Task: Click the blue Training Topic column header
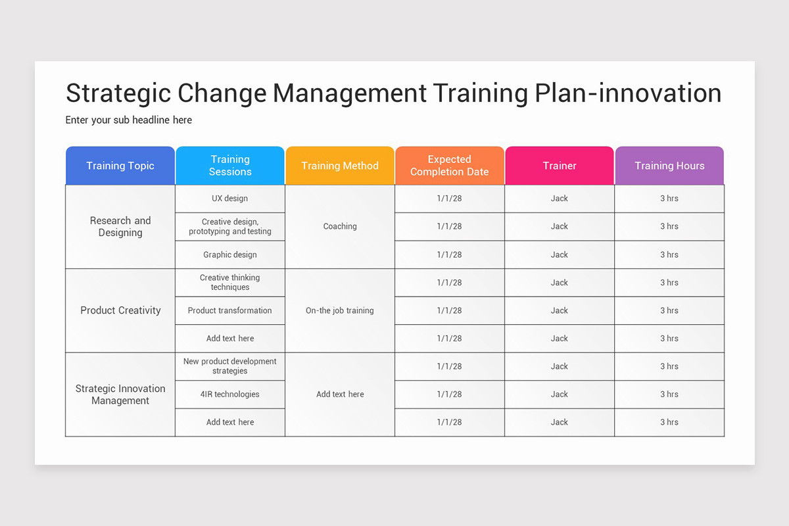(120, 166)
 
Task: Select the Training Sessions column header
(230, 166)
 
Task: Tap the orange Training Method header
(340, 166)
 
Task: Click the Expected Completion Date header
(450, 166)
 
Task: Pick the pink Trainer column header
(560, 166)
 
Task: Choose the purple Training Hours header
(669, 166)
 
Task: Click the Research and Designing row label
(120, 227)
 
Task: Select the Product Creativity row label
(120, 310)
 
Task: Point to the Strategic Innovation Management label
(120, 394)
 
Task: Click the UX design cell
(230, 199)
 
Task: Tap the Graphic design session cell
(230, 254)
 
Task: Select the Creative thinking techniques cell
(230, 283)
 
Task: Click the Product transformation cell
(230, 310)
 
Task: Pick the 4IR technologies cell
(230, 394)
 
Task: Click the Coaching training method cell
(340, 226)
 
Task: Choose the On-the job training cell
(340, 310)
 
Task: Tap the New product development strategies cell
(230, 366)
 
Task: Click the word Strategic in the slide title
(117, 93)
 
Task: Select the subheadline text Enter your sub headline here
(129, 120)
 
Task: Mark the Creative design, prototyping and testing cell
(230, 227)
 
